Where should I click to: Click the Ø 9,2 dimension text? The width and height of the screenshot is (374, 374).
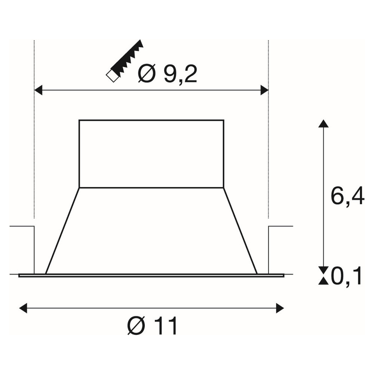(x=168, y=73)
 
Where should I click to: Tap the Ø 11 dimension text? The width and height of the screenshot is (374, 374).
(x=153, y=326)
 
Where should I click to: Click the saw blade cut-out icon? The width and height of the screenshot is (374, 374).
(x=125, y=61)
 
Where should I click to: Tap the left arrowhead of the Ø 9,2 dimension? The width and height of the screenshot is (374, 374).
(x=38, y=91)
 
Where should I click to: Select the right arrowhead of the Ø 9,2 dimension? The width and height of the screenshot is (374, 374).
(x=264, y=91)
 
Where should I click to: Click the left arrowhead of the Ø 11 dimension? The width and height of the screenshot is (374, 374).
(x=23, y=308)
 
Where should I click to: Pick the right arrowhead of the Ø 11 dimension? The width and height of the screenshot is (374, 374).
(x=280, y=308)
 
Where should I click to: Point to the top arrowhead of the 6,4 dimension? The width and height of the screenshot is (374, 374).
(x=324, y=124)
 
